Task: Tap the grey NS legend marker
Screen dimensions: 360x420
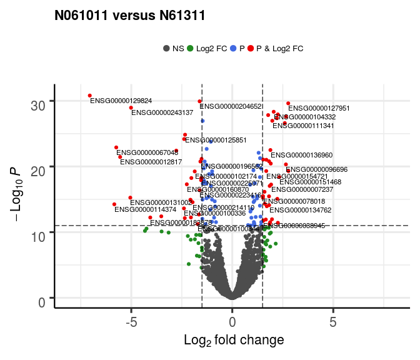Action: coord(166,48)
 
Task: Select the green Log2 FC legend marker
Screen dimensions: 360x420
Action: coord(190,48)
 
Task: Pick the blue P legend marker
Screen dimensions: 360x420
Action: coord(233,48)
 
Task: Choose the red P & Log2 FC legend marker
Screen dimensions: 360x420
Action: coord(251,48)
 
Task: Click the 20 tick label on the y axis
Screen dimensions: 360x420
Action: coord(39,167)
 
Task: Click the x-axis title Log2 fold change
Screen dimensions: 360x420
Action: coord(234,341)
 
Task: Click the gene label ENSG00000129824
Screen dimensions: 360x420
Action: coord(121,101)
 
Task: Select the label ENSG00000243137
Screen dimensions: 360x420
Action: coord(162,113)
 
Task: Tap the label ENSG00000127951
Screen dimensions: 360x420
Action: coord(319,109)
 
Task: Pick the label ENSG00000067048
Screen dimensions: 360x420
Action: coord(147,153)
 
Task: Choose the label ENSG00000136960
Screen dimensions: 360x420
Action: coord(302,155)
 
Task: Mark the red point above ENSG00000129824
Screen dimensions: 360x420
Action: coord(90,96)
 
